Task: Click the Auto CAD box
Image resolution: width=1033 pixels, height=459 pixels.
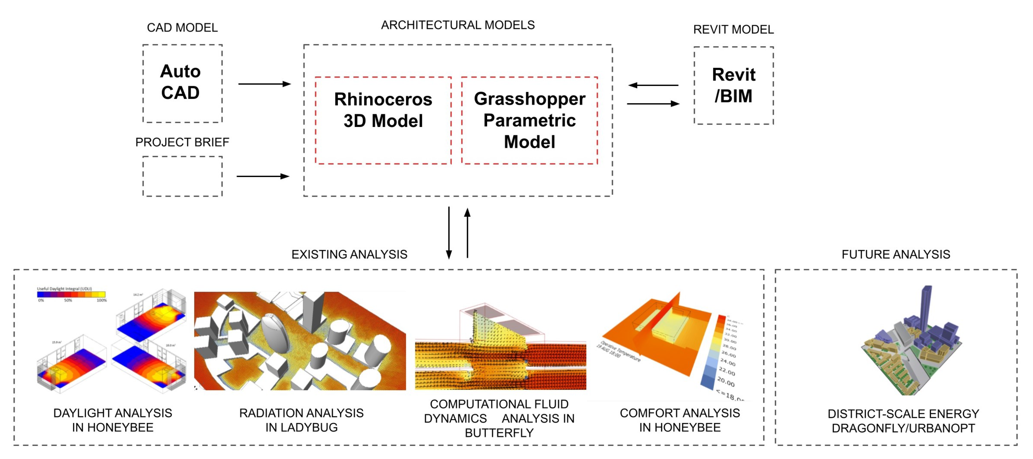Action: coord(182,83)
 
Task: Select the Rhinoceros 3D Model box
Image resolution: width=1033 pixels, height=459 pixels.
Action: coord(383,120)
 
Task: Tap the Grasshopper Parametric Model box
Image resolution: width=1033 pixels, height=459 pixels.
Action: coord(529,120)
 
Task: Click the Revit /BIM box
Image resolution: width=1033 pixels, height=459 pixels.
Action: coord(733,86)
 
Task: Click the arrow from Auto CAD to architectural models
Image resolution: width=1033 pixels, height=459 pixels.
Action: coord(264,84)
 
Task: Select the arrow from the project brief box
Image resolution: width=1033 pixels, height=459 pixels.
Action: coord(263,176)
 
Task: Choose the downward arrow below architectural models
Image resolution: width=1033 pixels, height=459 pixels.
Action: coord(449,233)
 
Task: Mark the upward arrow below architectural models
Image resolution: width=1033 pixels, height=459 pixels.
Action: coord(467,233)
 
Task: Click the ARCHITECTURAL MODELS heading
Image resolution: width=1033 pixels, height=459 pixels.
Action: coord(458,25)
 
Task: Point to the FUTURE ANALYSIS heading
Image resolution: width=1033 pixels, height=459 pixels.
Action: coord(895,254)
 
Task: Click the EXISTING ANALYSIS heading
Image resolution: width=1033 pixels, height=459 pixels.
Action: coord(349,254)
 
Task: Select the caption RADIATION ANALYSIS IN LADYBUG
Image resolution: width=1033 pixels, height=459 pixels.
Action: coord(301,420)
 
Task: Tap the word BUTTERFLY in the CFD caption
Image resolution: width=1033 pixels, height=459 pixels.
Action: coord(499,433)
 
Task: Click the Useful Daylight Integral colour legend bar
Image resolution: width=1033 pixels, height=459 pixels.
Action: coord(71,295)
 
